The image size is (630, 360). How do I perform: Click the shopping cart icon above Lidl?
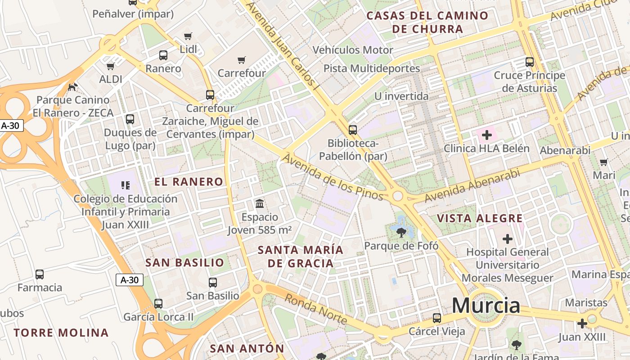pyautogui.click(x=188, y=36)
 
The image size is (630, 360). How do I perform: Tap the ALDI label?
pyautogui.click(x=111, y=79)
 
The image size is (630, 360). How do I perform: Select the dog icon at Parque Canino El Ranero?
pyautogui.click(x=72, y=86)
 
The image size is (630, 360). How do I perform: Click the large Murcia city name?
pyautogui.click(x=486, y=306)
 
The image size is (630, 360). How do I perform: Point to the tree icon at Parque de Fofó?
pyautogui.click(x=401, y=232)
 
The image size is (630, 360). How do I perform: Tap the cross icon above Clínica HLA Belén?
pyautogui.click(x=486, y=135)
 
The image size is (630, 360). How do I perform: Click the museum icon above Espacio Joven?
pyautogui.click(x=260, y=204)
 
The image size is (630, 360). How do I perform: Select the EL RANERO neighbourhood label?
pyautogui.click(x=189, y=182)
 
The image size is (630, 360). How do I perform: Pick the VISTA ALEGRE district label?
pyautogui.click(x=480, y=219)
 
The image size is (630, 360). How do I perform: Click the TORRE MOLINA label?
pyautogui.click(x=61, y=333)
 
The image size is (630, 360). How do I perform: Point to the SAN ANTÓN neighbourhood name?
pyautogui.click(x=247, y=348)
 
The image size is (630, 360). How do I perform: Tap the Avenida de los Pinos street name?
pyautogui.click(x=333, y=177)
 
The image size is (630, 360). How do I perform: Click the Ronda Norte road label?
pyautogui.click(x=316, y=309)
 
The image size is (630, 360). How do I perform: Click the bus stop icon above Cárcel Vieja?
pyautogui.click(x=436, y=318)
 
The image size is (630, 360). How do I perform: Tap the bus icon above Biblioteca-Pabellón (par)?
pyautogui.click(x=353, y=130)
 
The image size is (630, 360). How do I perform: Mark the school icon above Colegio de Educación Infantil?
pyautogui.click(x=126, y=185)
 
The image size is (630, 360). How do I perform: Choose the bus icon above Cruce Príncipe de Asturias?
pyautogui.click(x=530, y=62)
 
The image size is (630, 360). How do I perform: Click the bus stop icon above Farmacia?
pyautogui.click(x=40, y=274)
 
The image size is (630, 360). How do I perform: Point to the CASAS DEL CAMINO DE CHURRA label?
pyautogui.click(x=427, y=22)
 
